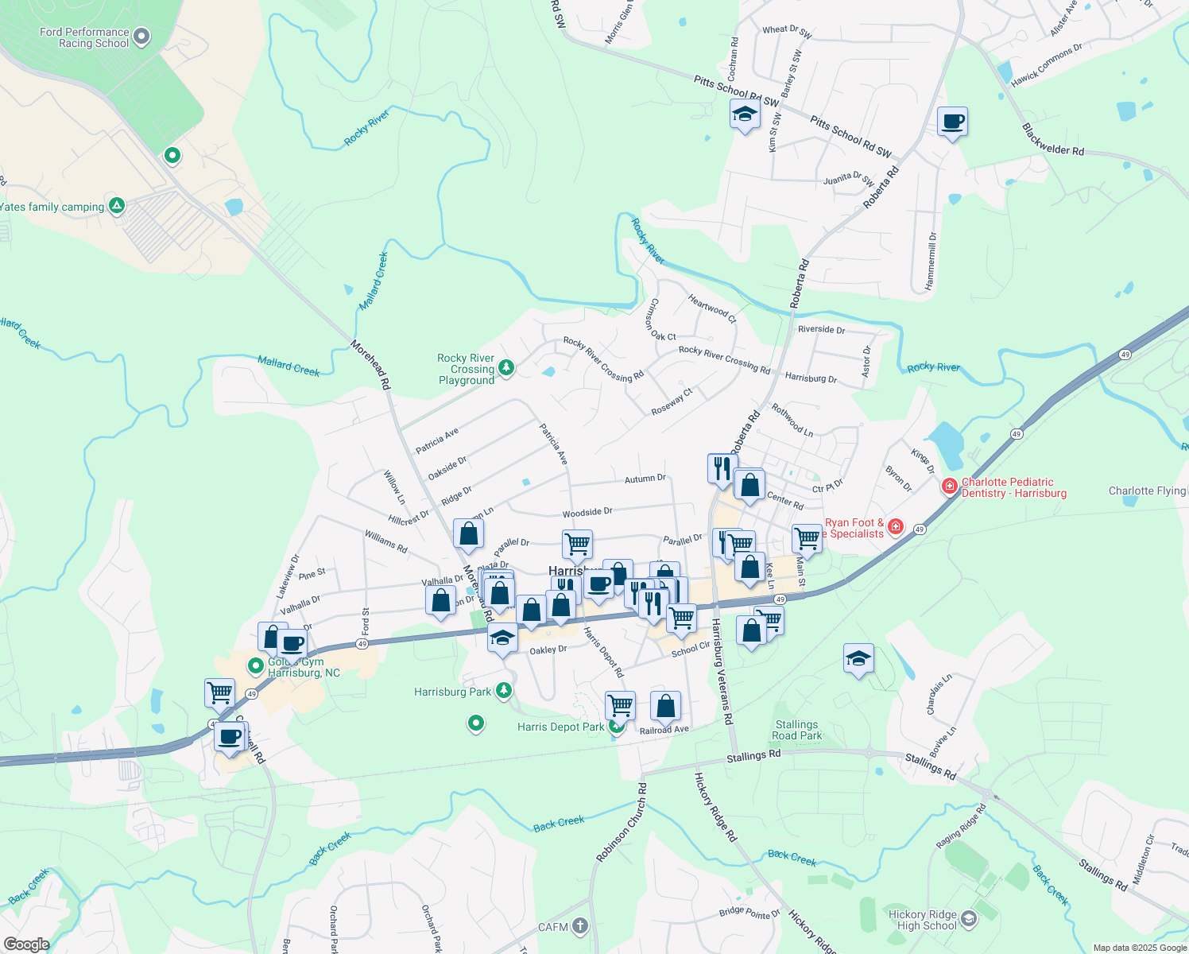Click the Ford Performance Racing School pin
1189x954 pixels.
point(141,36)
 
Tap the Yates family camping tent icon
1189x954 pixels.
point(117,206)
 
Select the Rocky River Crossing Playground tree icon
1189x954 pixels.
point(506,368)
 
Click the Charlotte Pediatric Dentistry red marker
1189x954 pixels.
point(949,486)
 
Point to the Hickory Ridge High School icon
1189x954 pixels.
point(968,919)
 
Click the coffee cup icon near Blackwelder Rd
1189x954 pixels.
point(952,122)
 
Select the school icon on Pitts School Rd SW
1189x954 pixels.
point(745,116)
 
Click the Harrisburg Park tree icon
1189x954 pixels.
point(504,690)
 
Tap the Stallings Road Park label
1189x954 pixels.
point(796,730)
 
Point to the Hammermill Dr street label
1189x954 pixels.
point(931,261)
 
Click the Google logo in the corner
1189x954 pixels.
point(26,944)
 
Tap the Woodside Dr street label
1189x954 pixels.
point(587,513)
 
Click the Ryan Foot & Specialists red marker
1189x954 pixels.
point(896,526)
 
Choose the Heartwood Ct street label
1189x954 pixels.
point(712,308)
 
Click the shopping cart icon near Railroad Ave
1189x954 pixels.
point(620,705)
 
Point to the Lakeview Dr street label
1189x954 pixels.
point(289,576)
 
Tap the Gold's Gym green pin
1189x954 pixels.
point(256,665)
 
